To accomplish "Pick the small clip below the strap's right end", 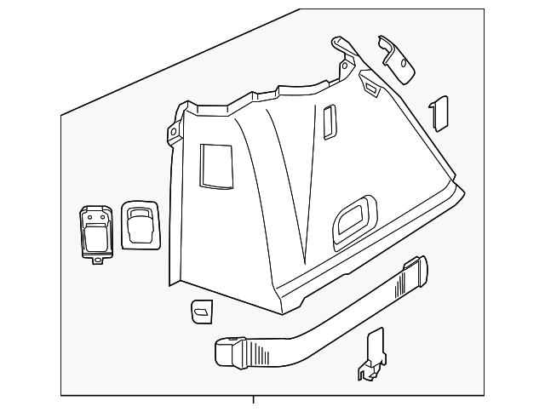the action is tap(372, 357).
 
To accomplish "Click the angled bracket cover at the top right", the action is tap(397, 59).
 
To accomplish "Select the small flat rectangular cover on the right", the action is tap(439, 112).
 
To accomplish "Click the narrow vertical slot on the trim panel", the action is tap(330, 120).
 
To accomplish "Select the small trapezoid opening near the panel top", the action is tap(371, 85).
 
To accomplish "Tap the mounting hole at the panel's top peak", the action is tap(344, 64).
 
